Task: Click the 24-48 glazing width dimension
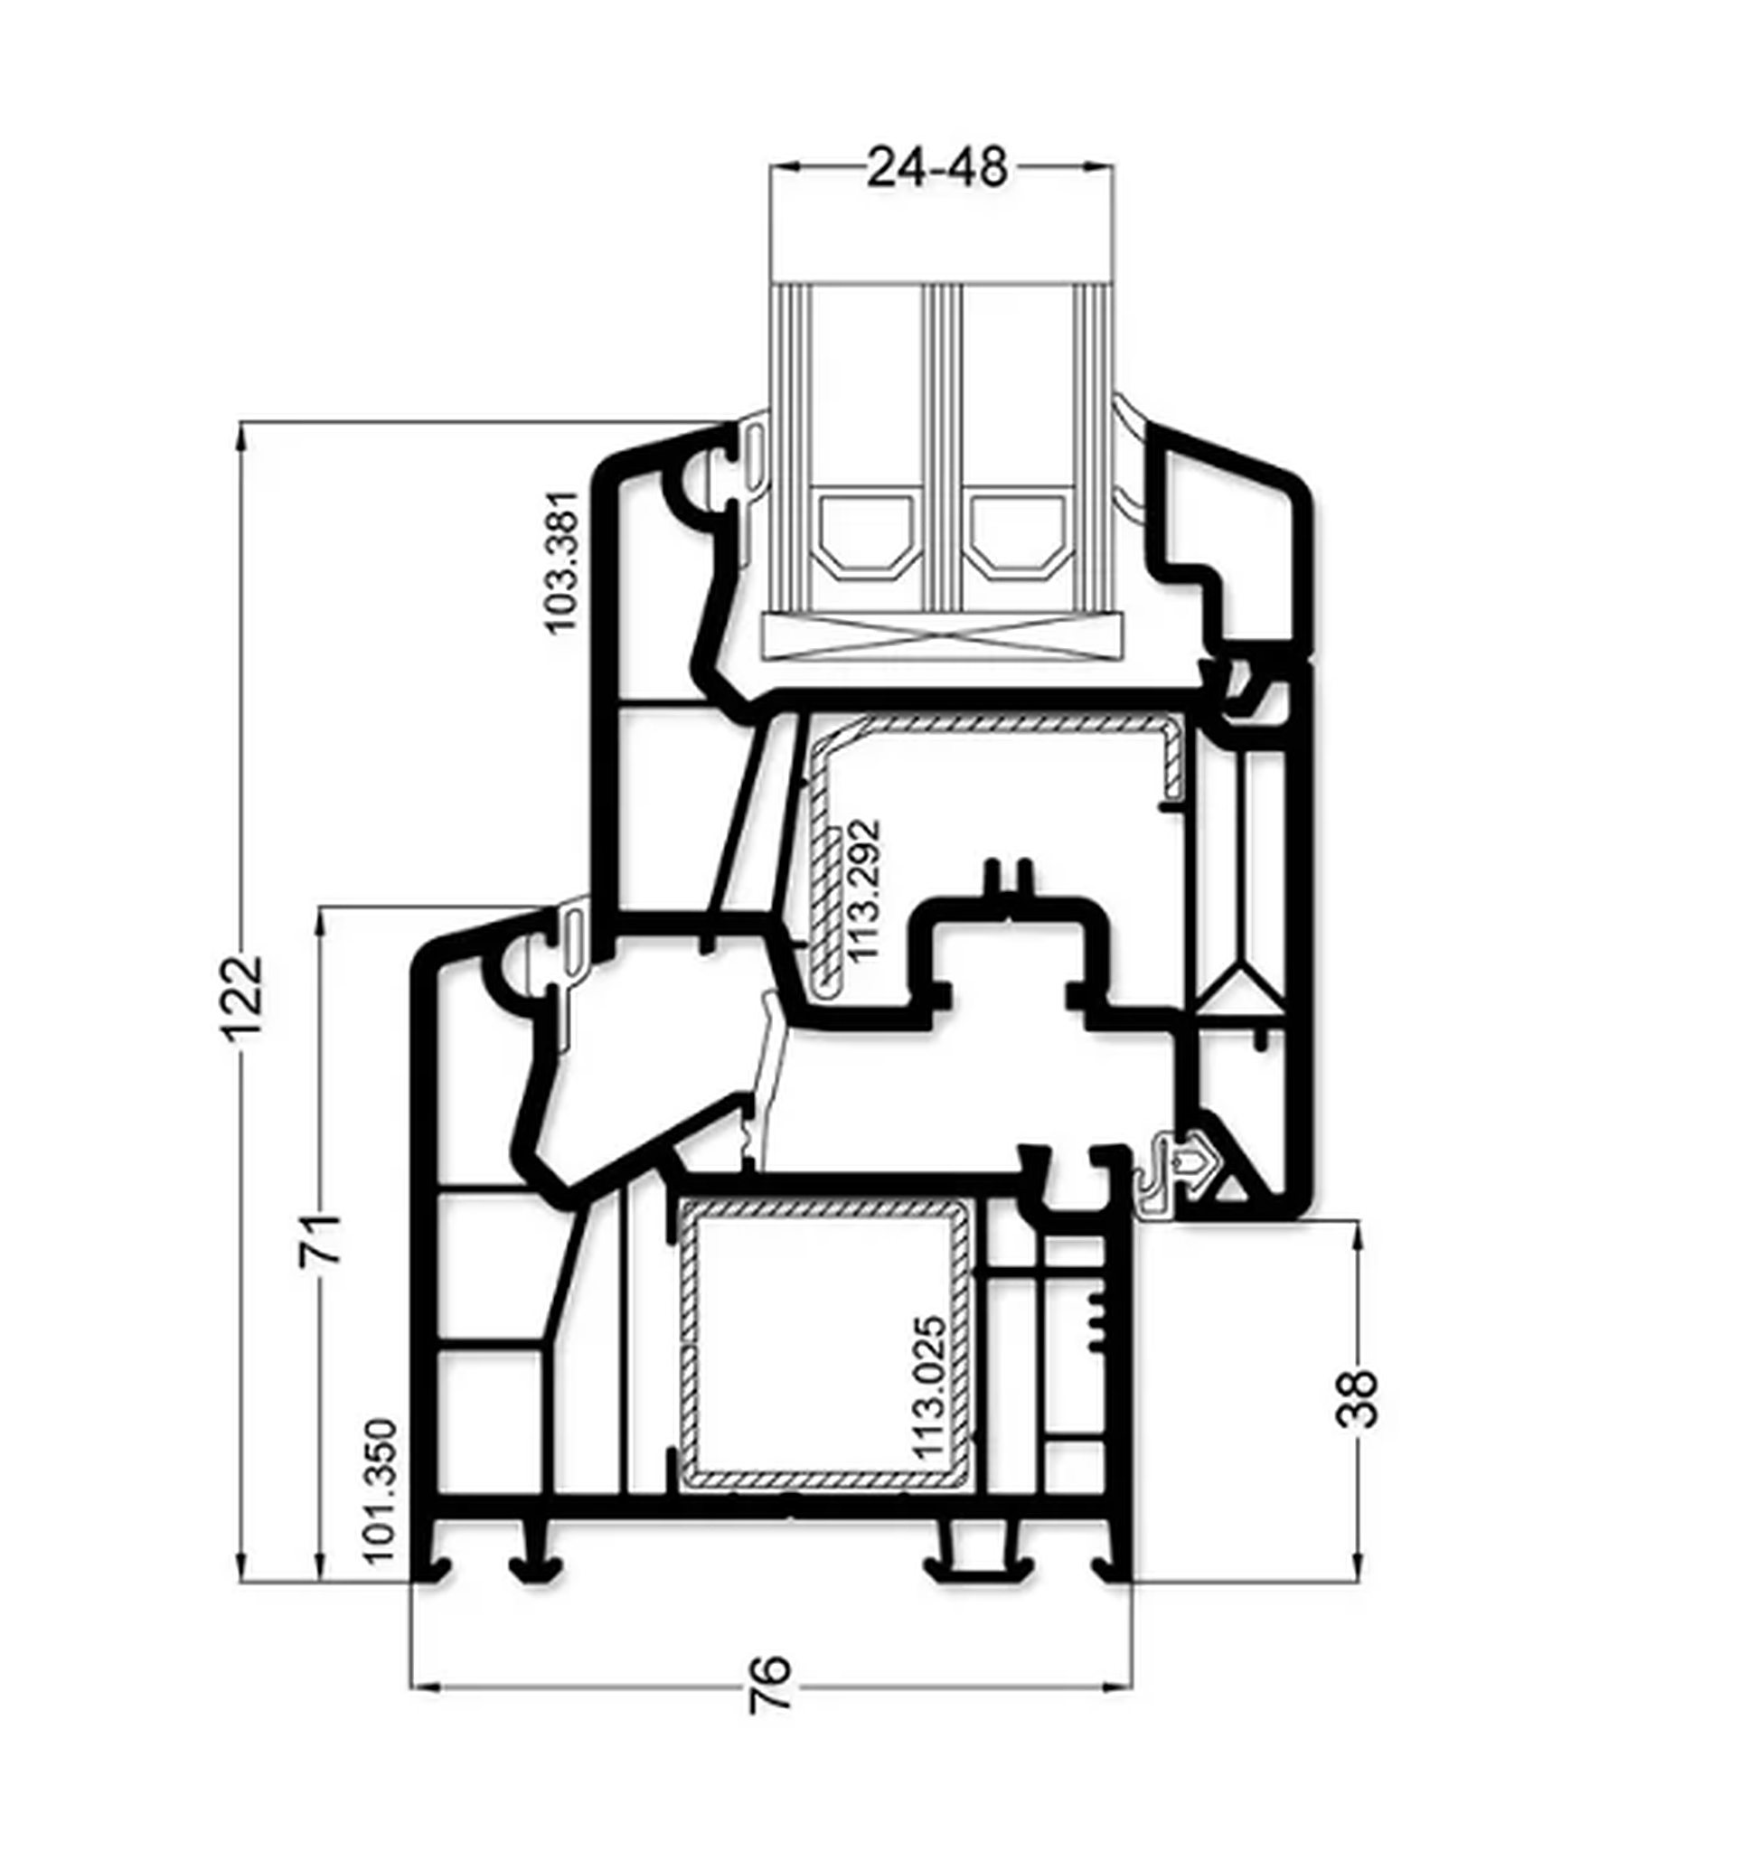[936, 168]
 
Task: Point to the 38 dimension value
[1357, 1398]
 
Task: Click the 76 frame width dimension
[771, 1684]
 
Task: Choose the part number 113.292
[863, 890]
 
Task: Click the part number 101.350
[381, 1492]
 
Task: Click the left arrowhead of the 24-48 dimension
[785, 167]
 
